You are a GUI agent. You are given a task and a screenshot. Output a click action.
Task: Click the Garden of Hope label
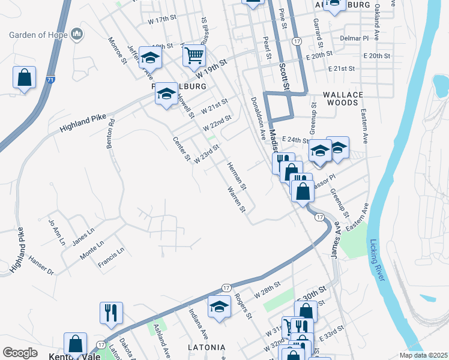click(37, 34)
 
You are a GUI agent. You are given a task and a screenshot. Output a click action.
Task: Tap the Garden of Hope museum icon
click(76, 35)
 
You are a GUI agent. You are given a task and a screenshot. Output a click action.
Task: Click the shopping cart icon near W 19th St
click(194, 56)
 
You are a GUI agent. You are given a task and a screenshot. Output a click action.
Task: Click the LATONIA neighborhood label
click(206, 347)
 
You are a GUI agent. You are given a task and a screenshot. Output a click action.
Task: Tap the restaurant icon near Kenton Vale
click(111, 312)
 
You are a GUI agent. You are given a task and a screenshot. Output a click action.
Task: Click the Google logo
click(20, 353)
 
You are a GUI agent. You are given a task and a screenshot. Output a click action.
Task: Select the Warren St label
click(236, 200)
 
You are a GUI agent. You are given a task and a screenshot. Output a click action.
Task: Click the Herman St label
click(237, 175)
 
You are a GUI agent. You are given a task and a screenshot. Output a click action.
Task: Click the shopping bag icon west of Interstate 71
click(24, 78)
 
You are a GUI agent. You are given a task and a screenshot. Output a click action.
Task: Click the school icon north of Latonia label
click(220, 308)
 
